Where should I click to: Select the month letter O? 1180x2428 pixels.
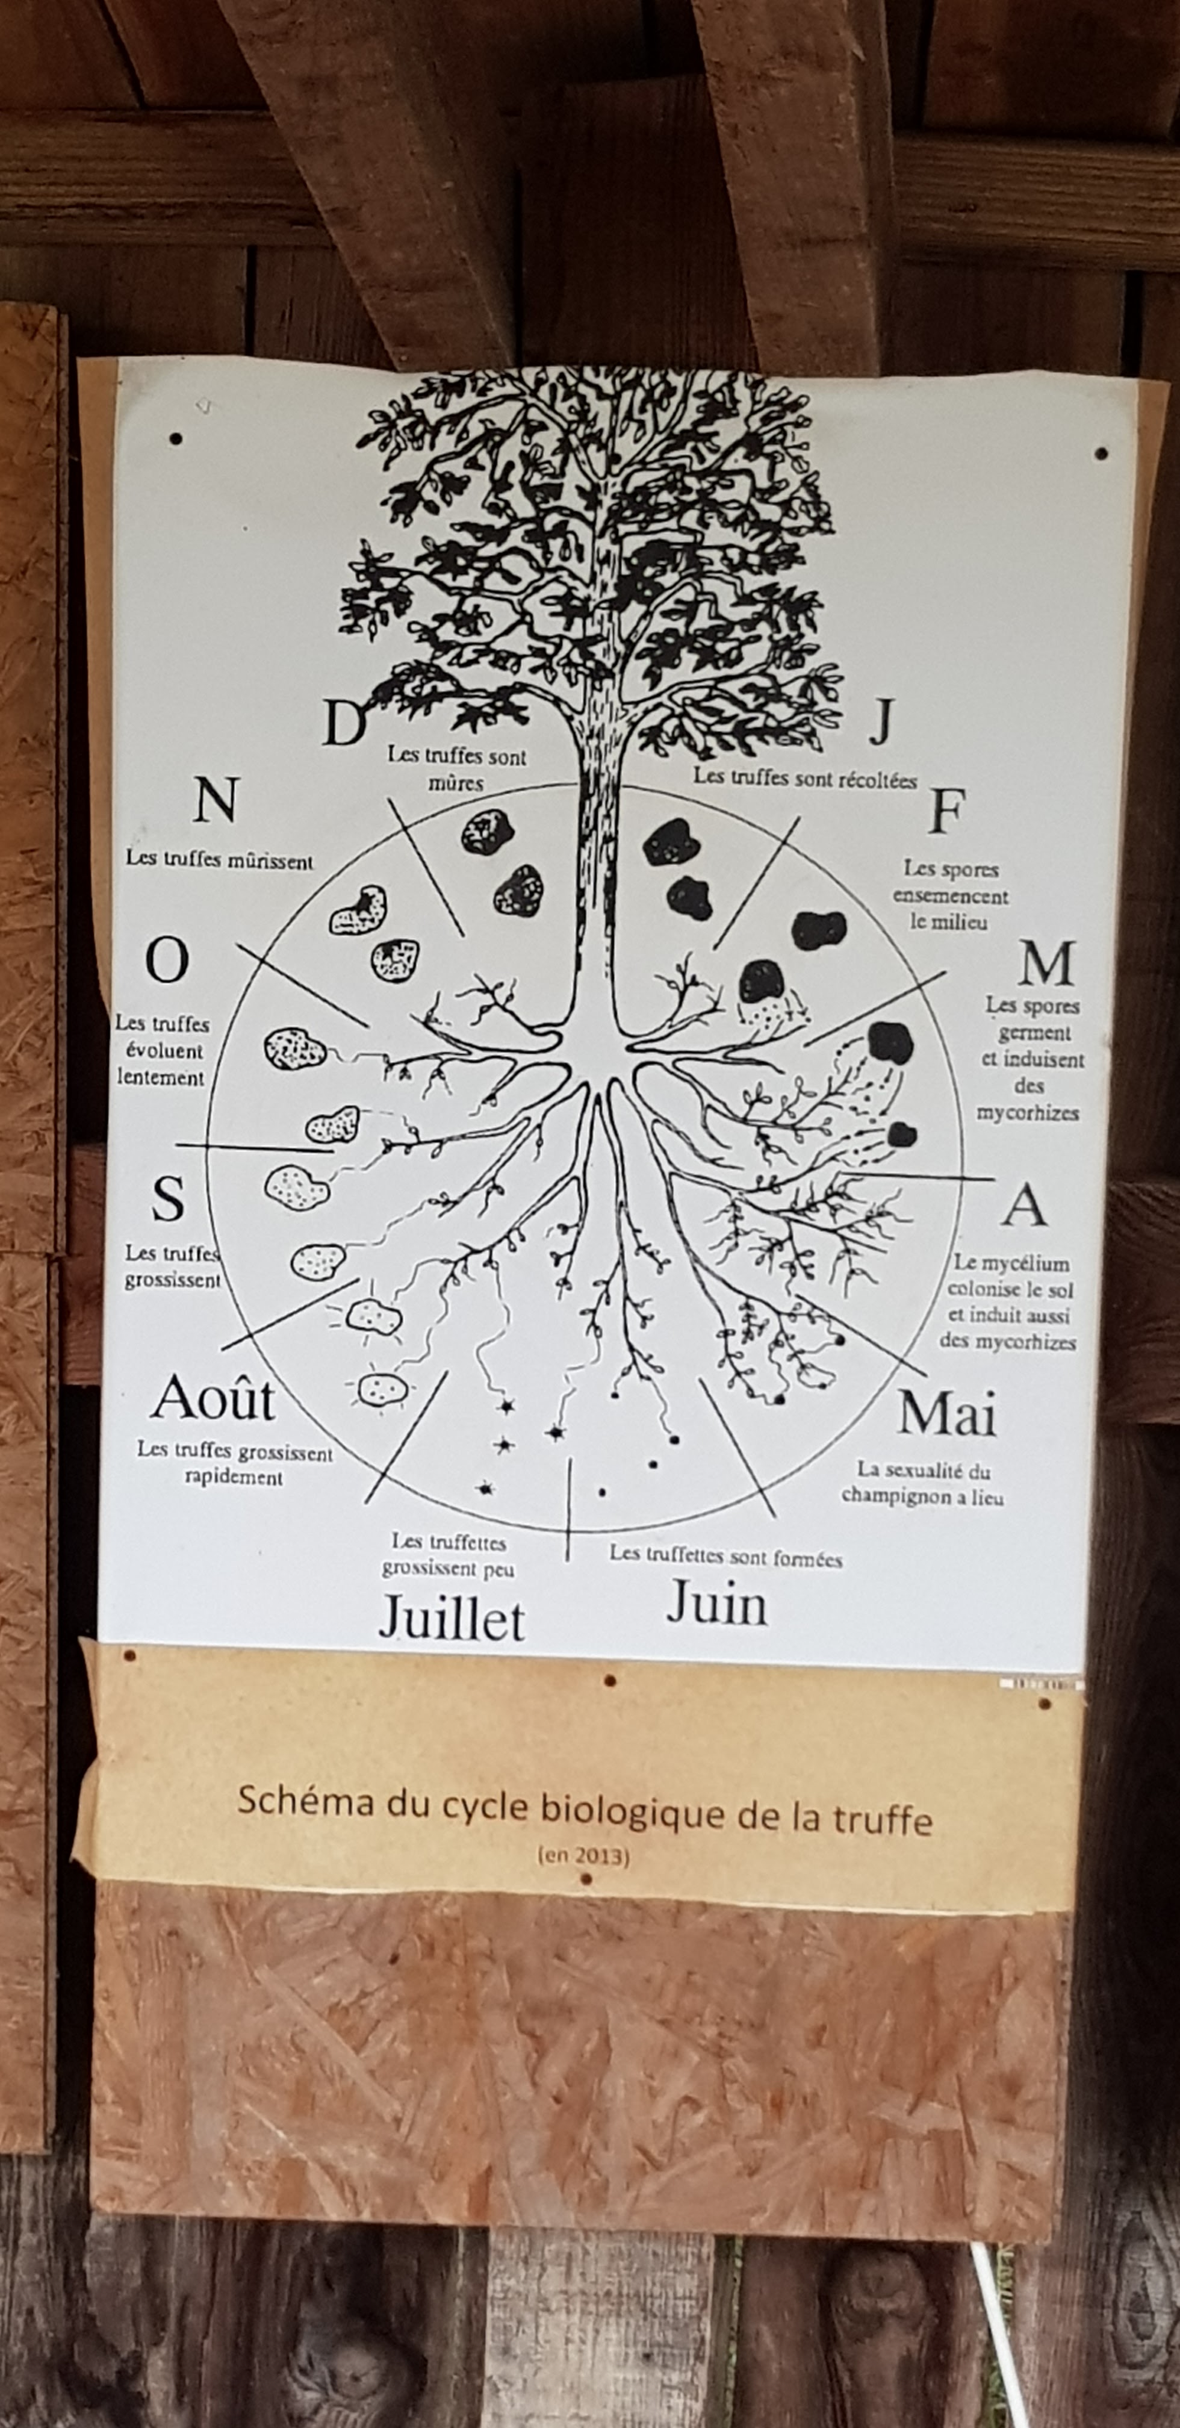[x=167, y=962]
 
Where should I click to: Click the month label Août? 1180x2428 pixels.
[x=213, y=1399]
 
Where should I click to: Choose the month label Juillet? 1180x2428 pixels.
[x=452, y=1618]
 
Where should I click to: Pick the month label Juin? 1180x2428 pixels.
[x=716, y=1603]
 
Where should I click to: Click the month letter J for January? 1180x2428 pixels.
[x=880, y=723]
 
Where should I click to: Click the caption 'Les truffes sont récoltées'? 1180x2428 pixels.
[x=805, y=779]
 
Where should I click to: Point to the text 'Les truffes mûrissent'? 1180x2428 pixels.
[x=220, y=859]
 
